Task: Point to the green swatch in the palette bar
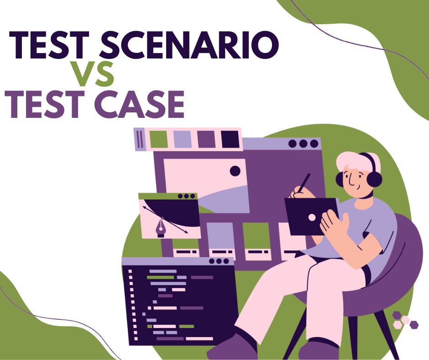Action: pos(158,139)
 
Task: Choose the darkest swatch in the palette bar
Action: pos(230,139)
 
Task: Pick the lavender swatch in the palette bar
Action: pos(183,139)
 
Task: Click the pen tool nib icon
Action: pos(161,227)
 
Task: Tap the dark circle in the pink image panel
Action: pos(235,171)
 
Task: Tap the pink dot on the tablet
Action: pos(312,217)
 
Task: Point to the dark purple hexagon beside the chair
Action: pos(414,325)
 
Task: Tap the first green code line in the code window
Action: pos(160,277)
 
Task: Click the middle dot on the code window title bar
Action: pos(219,261)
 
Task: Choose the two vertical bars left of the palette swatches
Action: pos(140,139)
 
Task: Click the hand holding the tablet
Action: pos(333,224)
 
